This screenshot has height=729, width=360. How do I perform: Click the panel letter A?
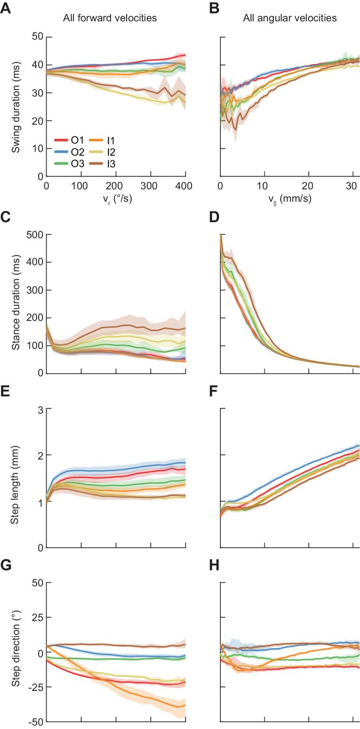[6, 8]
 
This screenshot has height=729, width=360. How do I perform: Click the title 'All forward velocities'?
[110, 19]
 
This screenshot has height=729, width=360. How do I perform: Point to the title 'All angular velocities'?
[290, 19]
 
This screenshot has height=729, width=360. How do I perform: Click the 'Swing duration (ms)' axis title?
[16, 106]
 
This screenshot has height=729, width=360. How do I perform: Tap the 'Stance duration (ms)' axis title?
[16, 304]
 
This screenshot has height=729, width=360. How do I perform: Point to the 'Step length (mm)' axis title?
[16, 478]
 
